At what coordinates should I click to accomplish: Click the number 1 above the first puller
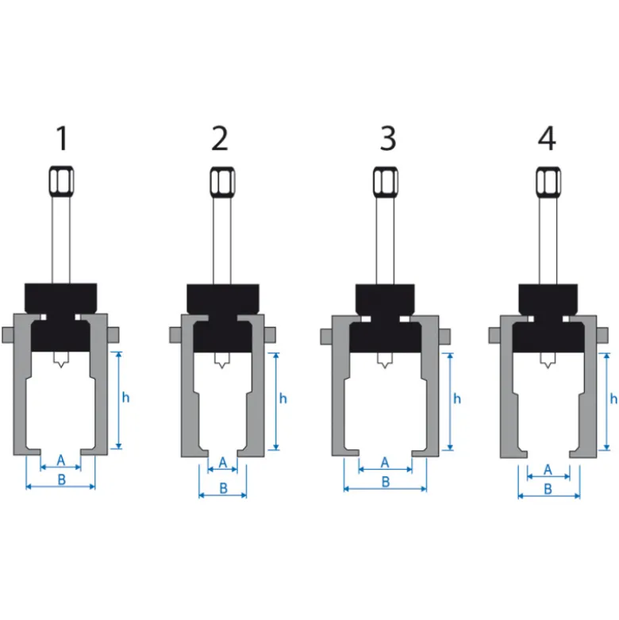point(62,138)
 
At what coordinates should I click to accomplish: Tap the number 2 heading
point(220,138)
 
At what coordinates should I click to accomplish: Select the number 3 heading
point(388,138)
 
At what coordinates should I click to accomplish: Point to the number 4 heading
point(547,138)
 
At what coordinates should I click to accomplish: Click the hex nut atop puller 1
point(61,181)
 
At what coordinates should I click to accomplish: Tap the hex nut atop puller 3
point(386,182)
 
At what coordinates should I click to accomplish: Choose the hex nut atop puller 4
point(548,182)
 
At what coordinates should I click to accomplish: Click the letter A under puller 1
point(60,460)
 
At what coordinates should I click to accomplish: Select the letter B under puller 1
point(62,479)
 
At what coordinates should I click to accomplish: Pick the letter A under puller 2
point(223,462)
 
